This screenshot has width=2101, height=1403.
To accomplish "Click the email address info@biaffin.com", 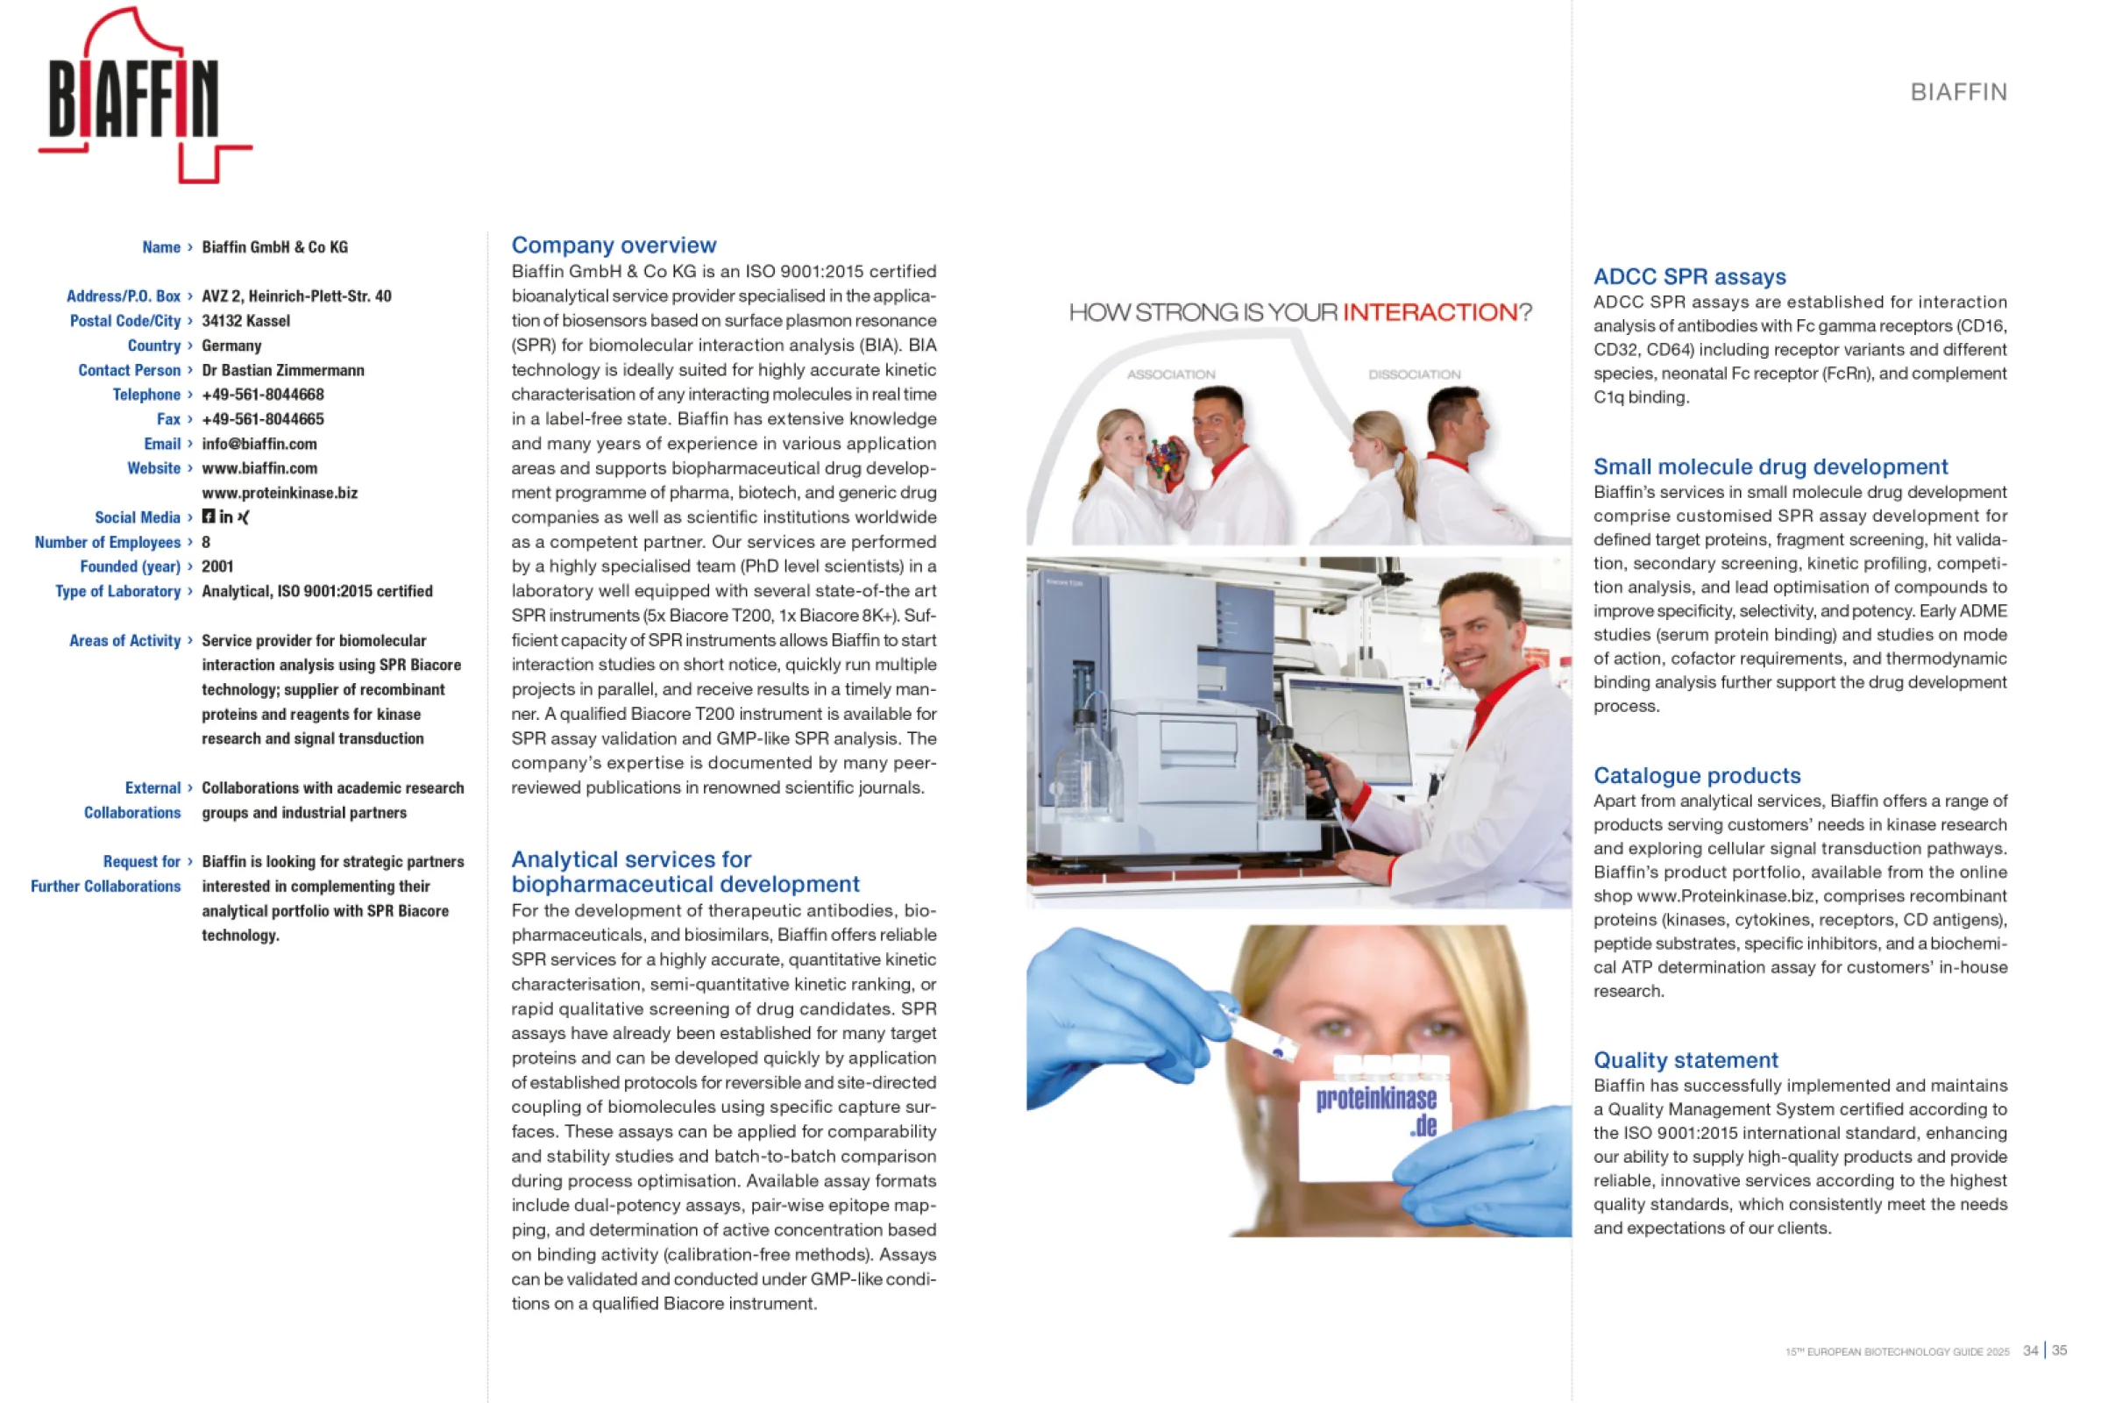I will [259, 444].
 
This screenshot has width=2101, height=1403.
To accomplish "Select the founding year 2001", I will [217, 566].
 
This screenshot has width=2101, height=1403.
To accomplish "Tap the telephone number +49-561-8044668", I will [263, 395].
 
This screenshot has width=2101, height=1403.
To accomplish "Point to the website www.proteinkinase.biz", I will [279, 493].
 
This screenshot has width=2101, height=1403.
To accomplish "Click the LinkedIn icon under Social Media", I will [225, 517].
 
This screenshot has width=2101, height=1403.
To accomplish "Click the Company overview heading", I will [614, 246].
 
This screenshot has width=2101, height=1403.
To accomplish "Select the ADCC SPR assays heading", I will [1689, 276].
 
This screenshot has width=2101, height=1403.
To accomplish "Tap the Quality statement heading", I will [1685, 1060].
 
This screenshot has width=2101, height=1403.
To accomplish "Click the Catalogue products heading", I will [1697, 776].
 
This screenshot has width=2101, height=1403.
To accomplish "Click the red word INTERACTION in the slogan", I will [1430, 312].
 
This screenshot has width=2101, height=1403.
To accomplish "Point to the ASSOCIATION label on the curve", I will [1170, 374].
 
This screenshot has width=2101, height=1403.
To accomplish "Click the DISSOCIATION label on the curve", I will [1414, 374].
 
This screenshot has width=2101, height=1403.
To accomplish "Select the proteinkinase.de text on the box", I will [1377, 1109].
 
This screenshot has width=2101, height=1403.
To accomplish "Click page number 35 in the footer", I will [2059, 1350].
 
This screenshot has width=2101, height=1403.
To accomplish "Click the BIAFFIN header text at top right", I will [1958, 92].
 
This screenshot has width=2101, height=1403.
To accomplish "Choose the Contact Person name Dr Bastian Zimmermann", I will [282, 370].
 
